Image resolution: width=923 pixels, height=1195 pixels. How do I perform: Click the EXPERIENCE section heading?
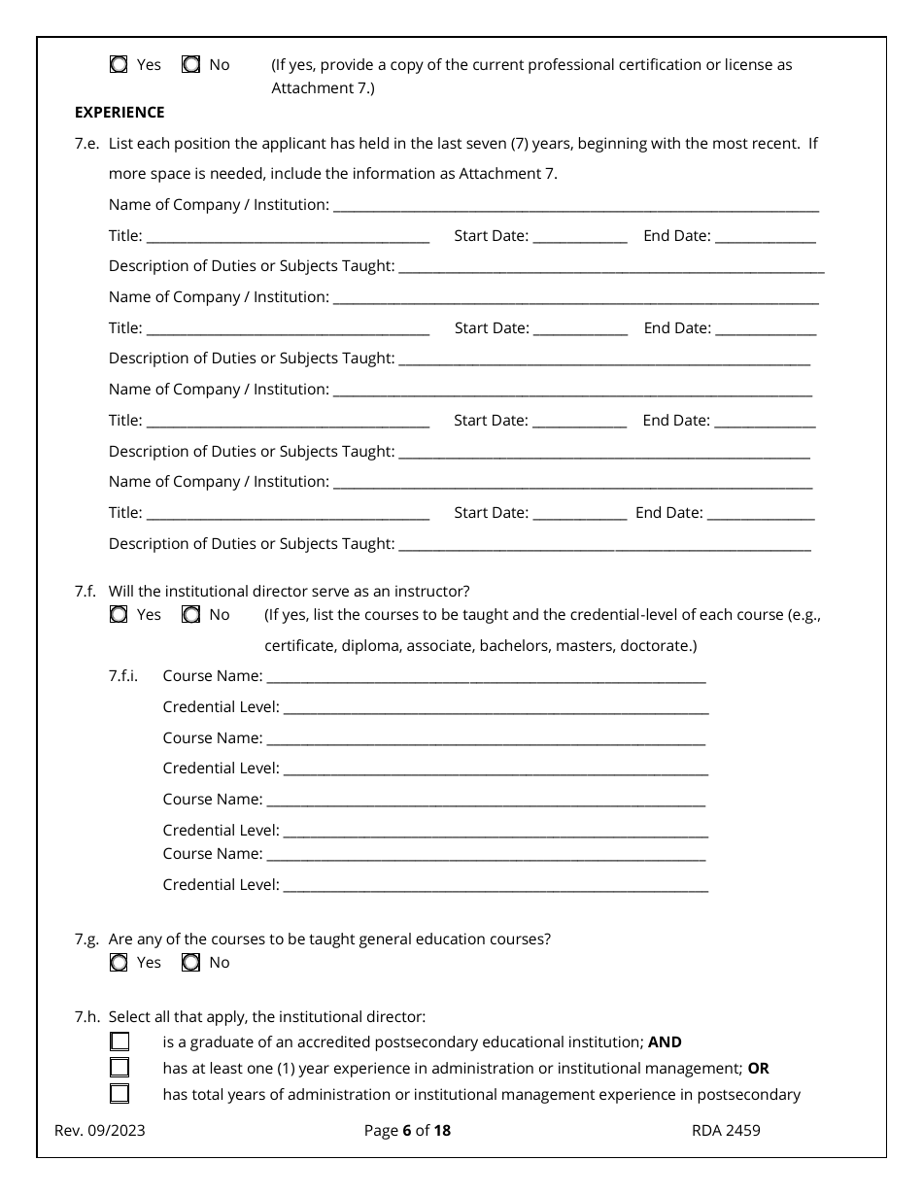pyautogui.click(x=120, y=113)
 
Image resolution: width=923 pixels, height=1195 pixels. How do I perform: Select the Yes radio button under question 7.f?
pyautogui.click(x=119, y=615)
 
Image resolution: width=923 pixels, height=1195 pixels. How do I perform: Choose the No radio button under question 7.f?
pyautogui.click(x=191, y=615)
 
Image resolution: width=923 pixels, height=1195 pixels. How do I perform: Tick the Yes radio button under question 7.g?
pyautogui.click(x=119, y=963)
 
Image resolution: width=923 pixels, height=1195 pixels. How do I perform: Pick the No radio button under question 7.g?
pyautogui.click(x=191, y=963)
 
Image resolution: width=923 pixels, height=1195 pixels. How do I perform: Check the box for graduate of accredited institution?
pyautogui.click(x=120, y=1042)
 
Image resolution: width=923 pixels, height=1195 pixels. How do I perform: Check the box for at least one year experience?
pyautogui.click(x=120, y=1068)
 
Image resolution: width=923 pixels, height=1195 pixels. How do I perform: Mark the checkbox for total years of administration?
pyautogui.click(x=120, y=1094)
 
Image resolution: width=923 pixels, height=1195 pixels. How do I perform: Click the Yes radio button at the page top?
pyautogui.click(x=119, y=65)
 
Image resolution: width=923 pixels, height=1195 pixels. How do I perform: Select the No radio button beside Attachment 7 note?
pyautogui.click(x=191, y=65)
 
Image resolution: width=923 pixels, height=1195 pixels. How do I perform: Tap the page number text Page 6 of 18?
pyautogui.click(x=407, y=1131)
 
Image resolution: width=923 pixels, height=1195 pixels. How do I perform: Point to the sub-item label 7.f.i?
pyautogui.click(x=123, y=676)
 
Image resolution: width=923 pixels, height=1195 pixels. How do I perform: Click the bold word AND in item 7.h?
pyautogui.click(x=665, y=1042)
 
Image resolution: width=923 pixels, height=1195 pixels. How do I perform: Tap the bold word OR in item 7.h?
pyautogui.click(x=758, y=1069)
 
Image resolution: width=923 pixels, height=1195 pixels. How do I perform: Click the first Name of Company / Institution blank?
pyautogui.click(x=575, y=206)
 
